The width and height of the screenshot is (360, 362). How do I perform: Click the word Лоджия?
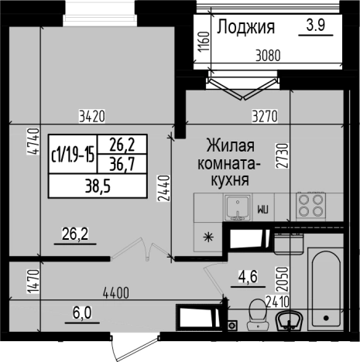(246, 28)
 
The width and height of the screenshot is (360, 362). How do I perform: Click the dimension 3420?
(91, 118)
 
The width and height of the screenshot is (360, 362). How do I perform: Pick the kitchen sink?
(238, 206)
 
